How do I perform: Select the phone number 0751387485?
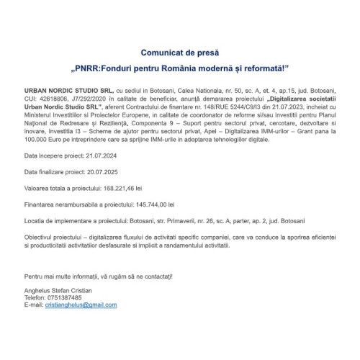point(64,297)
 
